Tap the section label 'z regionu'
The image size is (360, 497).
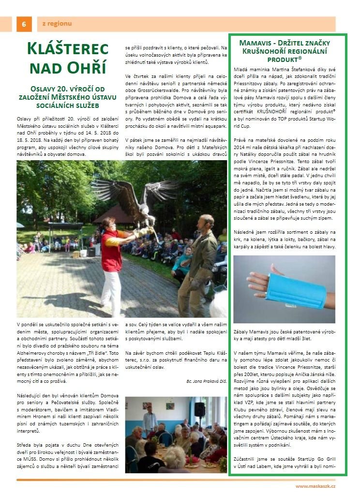[57, 23]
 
